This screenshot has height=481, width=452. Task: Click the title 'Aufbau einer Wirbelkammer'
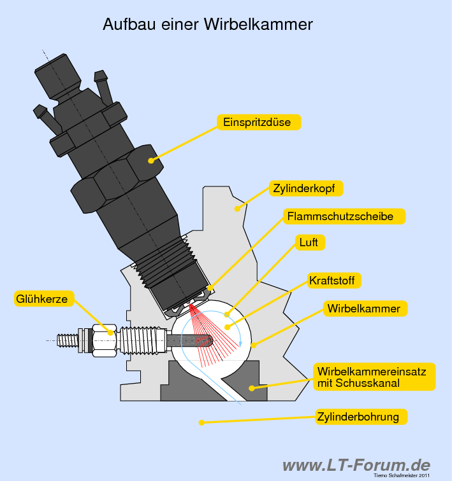pos(208,25)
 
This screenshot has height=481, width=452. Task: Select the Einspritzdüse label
pos(258,122)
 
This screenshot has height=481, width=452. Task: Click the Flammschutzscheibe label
pos(345,216)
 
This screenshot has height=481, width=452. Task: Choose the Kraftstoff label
pos(334,281)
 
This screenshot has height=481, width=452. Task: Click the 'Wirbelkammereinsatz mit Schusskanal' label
pos(375,377)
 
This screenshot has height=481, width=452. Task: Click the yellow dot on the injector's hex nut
pos(151,160)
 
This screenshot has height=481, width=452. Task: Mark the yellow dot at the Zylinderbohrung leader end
pos(201,422)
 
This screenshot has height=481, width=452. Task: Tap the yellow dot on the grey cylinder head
pos(237,207)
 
